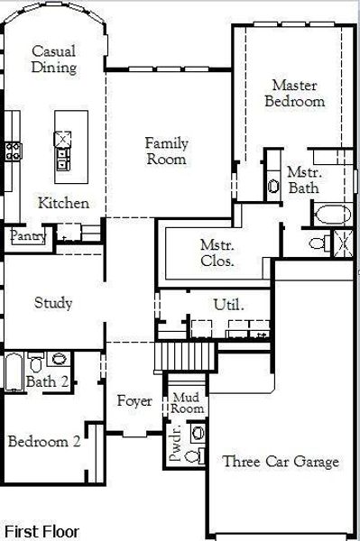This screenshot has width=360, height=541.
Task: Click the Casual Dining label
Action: (x=53, y=60)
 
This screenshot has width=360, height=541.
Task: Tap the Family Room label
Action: (x=167, y=151)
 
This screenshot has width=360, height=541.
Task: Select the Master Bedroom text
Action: (x=294, y=93)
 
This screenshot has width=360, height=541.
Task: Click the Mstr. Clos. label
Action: (x=217, y=252)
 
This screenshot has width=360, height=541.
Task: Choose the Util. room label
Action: (x=228, y=304)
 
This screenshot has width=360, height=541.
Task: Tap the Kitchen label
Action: (x=63, y=203)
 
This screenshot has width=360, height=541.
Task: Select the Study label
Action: (x=53, y=302)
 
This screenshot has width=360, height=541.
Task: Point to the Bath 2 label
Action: (x=47, y=382)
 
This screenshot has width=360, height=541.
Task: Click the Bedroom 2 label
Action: (x=44, y=442)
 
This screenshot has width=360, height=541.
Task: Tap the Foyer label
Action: (x=134, y=400)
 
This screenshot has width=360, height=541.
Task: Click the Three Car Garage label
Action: (x=281, y=462)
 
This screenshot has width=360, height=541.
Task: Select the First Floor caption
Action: (x=42, y=531)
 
